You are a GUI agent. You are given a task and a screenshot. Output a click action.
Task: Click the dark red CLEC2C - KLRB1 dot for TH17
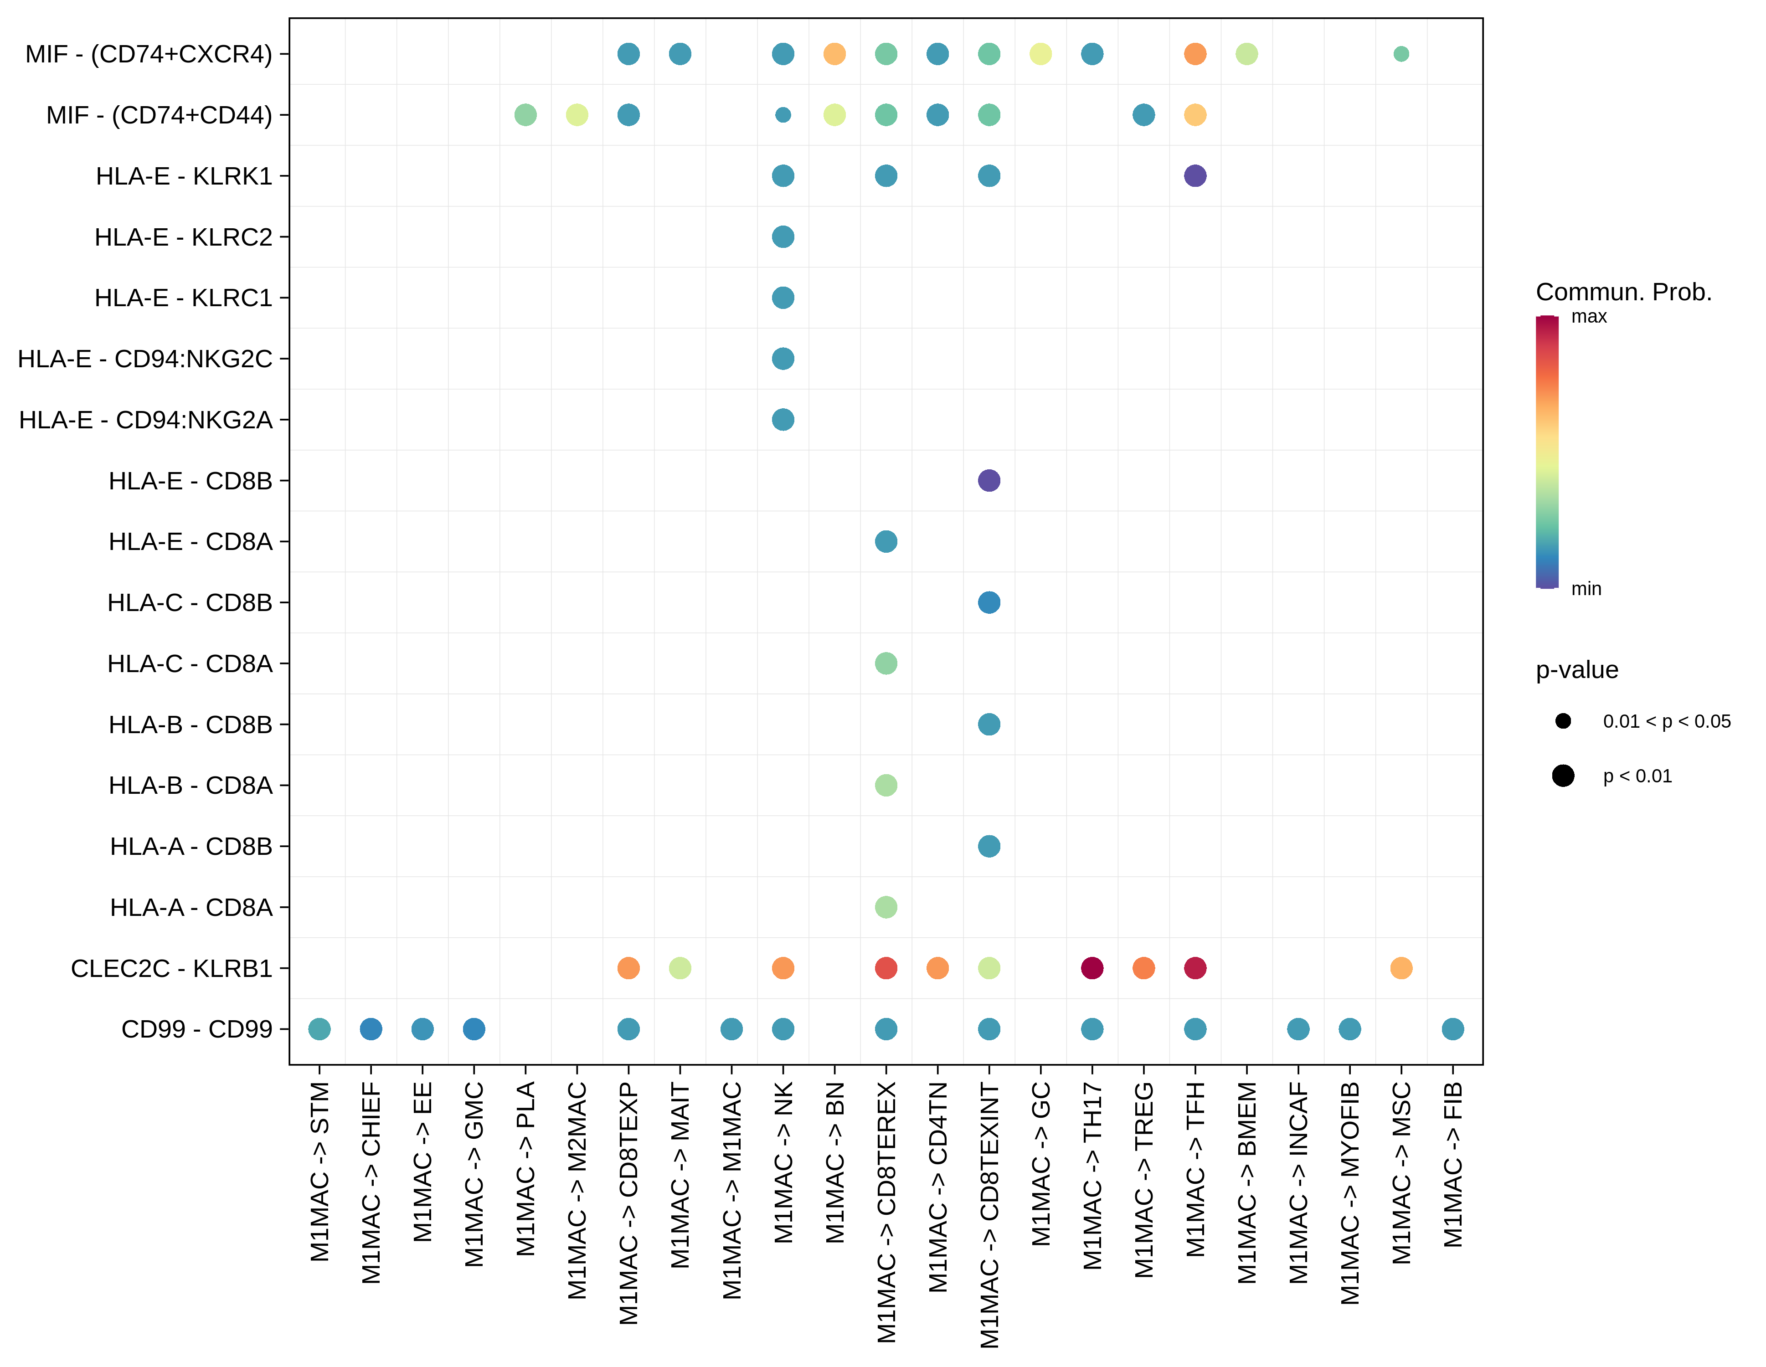pos(1092,968)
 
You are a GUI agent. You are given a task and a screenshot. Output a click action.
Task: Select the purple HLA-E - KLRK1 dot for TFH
pos(1194,175)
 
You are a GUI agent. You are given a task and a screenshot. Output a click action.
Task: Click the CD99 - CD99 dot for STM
pos(319,1029)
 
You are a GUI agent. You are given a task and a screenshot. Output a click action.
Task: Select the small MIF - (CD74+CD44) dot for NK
pos(783,115)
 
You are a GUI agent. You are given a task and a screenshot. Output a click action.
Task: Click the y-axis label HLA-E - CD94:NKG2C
pos(145,358)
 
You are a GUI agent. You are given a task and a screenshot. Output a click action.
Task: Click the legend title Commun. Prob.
pos(1624,292)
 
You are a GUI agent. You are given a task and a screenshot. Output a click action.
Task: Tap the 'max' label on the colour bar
pos(1589,317)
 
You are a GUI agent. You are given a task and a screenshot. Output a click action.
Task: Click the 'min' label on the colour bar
pos(1586,589)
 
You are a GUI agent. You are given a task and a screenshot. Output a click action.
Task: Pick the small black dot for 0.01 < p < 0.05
pos(1563,721)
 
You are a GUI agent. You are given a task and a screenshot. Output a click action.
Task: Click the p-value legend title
pos(1577,670)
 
